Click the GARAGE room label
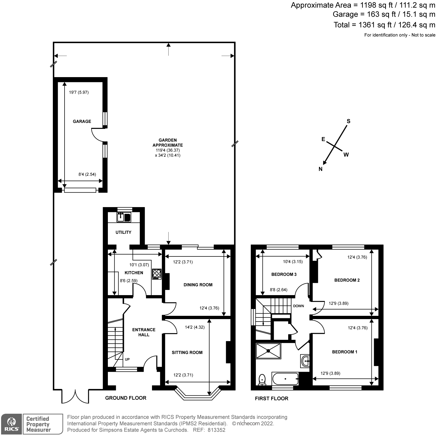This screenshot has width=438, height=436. click(82, 122)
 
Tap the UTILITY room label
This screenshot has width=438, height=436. click(123, 232)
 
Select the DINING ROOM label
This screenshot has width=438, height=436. click(198, 285)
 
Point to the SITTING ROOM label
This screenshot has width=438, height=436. click(187, 353)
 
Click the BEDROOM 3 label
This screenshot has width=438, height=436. click(284, 274)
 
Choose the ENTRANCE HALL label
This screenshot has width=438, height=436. click(144, 332)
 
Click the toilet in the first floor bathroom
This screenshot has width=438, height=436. click(262, 379)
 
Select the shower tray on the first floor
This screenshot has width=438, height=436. click(268, 351)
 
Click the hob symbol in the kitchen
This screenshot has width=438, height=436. click(157, 274)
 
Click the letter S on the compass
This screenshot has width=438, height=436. click(348, 121)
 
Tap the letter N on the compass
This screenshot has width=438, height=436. click(320, 169)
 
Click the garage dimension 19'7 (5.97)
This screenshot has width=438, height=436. click(79, 92)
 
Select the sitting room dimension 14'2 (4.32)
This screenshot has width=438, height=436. click(194, 327)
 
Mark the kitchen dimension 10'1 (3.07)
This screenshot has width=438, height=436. click(139, 265)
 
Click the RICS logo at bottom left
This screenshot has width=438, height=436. click(11, 424)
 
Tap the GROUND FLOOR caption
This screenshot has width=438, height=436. click(126, 398)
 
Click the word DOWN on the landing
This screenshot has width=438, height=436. click(298, 306)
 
